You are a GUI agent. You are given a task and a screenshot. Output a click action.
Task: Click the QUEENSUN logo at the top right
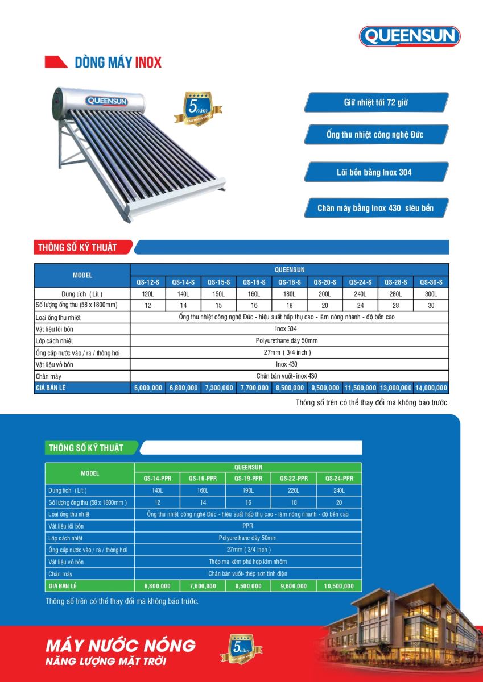click(x=410, y=36)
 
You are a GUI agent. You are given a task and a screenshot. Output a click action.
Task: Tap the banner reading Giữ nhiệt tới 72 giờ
click(x=375, y=103)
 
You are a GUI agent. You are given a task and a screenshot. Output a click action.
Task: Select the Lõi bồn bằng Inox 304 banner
click(x=375, y=172)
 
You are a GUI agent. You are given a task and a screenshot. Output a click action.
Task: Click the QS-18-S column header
click(x=290, y=282)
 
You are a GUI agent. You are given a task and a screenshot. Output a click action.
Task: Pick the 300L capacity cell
click(x=431, y=294)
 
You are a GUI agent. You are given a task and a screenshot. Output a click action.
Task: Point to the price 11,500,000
click(x=360, y=388)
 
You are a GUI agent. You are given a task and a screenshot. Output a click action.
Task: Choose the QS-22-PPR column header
click(x=294, y=479)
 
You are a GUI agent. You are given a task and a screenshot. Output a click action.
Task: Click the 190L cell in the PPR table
click(x=248, y=490)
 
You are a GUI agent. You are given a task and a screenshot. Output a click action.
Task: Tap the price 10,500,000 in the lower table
click(x=339, y=586)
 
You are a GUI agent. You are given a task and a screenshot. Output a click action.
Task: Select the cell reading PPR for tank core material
click(x=248, y=526)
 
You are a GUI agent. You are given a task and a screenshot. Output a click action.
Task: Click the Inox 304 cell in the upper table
click(x=290, y=329)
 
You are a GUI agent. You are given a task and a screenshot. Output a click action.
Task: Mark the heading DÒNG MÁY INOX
click(x=118, y=63)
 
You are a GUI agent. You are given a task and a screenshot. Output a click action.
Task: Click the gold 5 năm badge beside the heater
click(x=198, y=107)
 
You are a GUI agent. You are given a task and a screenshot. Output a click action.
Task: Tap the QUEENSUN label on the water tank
click(x=107, y=101)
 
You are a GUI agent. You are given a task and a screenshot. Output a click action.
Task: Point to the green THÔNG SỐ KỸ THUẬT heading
click(x=85, y=448)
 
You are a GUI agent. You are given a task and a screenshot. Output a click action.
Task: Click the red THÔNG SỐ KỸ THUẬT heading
click(x=77, y=247)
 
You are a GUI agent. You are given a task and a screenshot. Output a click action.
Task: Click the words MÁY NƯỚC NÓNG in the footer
click(x=121, y=646)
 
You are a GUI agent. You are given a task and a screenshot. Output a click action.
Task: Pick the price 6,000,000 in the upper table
click(x=148, y=388)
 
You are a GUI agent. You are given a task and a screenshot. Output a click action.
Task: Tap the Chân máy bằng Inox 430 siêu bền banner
click(x=375, y=208)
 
